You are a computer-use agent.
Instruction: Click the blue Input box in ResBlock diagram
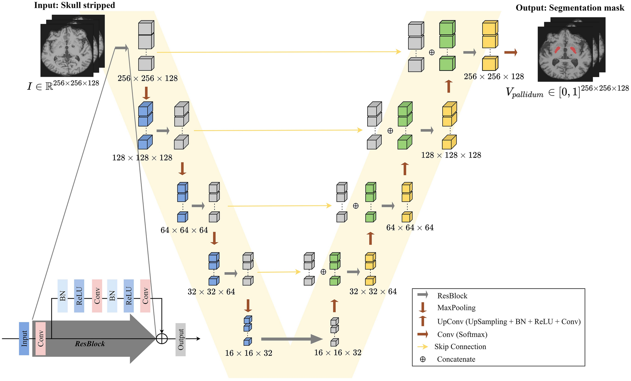[x=24, y=339]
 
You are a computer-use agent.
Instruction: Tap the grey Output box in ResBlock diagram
[x=180, y=339]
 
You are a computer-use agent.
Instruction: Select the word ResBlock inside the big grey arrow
[x=90, y=344]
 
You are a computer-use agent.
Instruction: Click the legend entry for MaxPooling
[x=456, y=308]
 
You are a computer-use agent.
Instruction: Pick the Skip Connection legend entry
[x=460, y=347]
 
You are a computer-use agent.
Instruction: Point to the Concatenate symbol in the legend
[x=423, y=359]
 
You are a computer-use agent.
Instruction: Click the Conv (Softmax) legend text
[x=462, y=334]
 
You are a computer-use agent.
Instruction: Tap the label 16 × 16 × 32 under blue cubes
[x=248, y=353]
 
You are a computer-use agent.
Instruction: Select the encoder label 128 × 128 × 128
[x=142, y=158]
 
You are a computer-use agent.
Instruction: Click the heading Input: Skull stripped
[x=75, y=5]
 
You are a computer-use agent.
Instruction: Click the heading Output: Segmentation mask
[x=570, y=8]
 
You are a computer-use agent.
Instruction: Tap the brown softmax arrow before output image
[x=511, y=52]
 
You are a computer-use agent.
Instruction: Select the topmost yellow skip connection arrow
[x=279, y=52]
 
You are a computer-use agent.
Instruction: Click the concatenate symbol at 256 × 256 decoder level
[x=432, y=53]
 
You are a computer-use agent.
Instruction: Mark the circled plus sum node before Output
[x=162, y=339]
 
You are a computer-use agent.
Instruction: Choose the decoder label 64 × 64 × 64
[x=410, y=227]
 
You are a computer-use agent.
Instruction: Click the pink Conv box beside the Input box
[x=41, y=339]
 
